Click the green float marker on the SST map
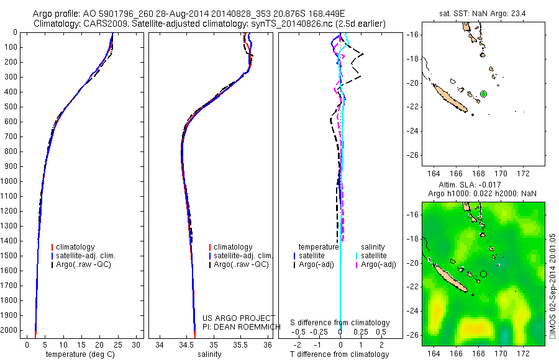coord(483,94)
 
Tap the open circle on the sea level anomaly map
coord(483,274)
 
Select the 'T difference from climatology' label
coord(340,354)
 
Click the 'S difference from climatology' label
coord(340,323)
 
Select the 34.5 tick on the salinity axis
coord(186,344)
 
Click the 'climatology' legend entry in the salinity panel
coord(233,247)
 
